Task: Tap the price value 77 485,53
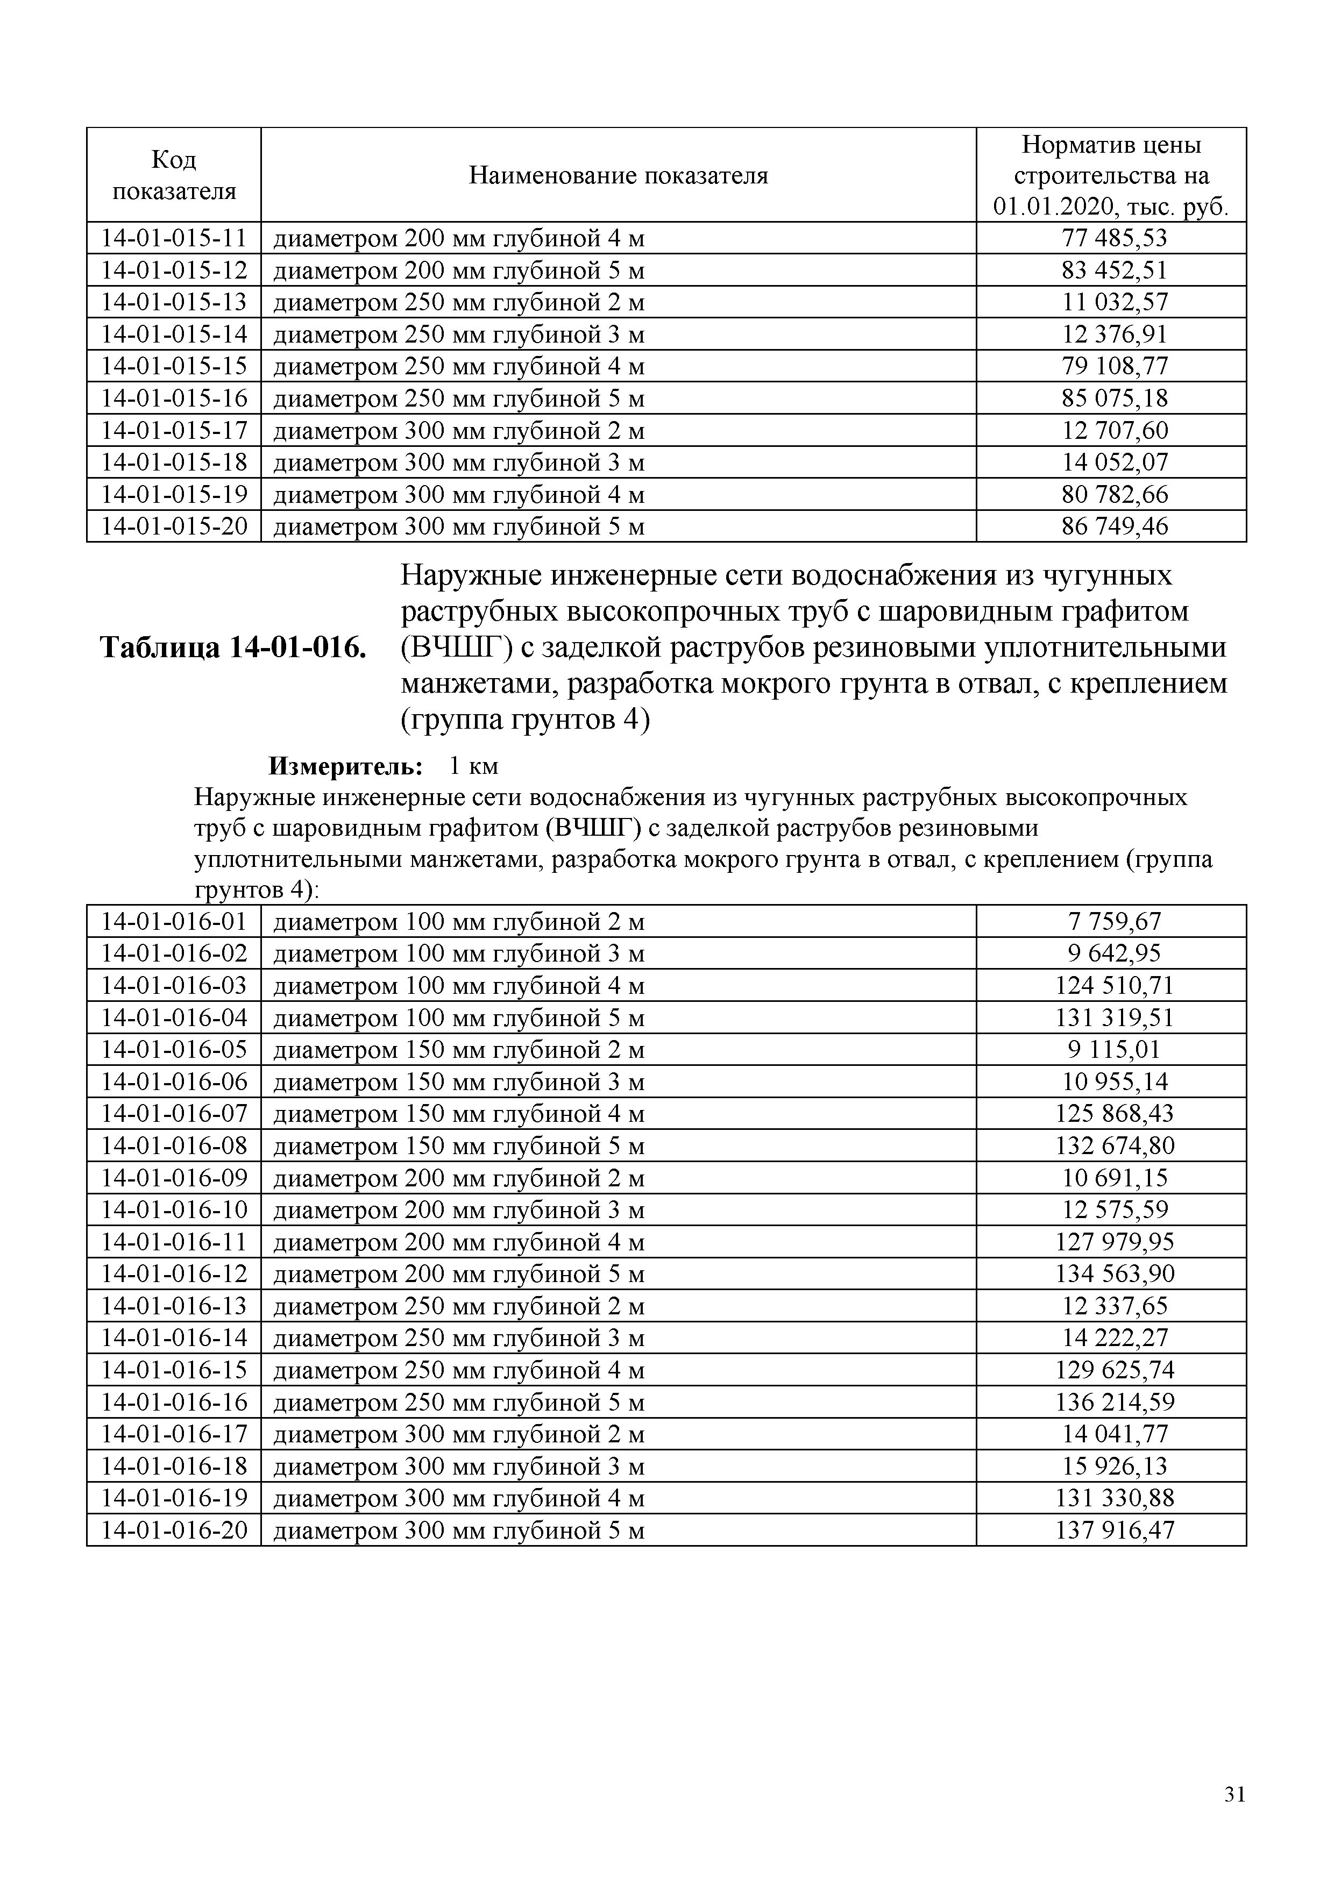coord(1114,238)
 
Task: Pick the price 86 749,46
coord(1114,526)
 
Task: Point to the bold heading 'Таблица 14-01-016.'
coord(232,648)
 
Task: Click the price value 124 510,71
coord(1114,986)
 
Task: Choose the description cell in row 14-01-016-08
coord(458,1146)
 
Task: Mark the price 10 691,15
coord(1114,1178)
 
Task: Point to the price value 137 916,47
coord(1114,1531)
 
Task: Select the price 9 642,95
coord(1114,953)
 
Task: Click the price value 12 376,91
coord(1114,335)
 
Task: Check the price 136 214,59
coord(1114,1402)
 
